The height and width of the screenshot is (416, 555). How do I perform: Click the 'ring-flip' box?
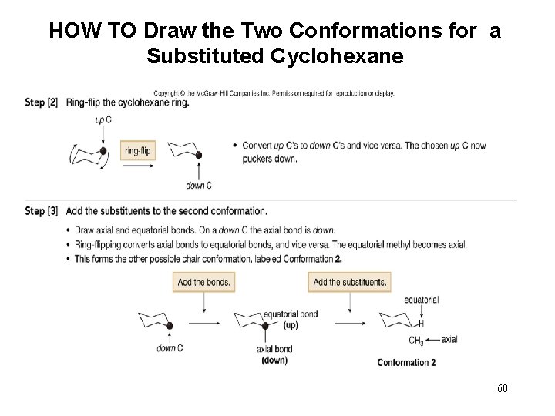pos(139,151)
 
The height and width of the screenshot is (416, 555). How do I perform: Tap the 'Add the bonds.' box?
pos(203,282)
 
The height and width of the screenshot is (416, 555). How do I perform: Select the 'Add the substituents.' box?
pos(350,282)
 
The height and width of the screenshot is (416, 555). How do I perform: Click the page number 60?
pos(502,387)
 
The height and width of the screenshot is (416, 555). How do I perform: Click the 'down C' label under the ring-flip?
pos(199,186)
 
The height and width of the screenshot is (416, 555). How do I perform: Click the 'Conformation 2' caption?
pos(406,363)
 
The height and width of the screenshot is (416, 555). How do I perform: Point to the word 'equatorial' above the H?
pos(421,300)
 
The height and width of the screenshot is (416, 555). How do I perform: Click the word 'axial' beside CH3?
pos(449,340)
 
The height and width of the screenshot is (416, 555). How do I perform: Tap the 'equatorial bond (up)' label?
pos(291,319)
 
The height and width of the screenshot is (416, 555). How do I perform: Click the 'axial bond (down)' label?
pos(274,354)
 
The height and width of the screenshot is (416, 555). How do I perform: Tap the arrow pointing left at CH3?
pos(432,340)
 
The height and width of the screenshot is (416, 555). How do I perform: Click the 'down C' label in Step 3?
pos(170,348)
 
